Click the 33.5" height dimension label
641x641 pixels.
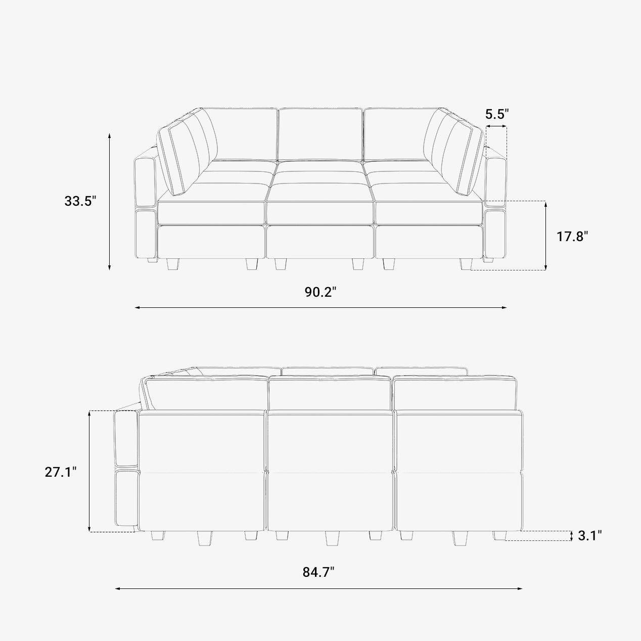[x=80, y=201]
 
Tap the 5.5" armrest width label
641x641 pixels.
[x=497, y=114]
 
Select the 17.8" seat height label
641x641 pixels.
[x=572, y=237]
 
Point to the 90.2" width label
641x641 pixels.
[x=320, y=292]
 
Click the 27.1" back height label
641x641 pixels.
[x=61, y=472]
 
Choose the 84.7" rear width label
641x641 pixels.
[x=318, y=572]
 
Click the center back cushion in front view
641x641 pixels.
[x=320, y=134]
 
